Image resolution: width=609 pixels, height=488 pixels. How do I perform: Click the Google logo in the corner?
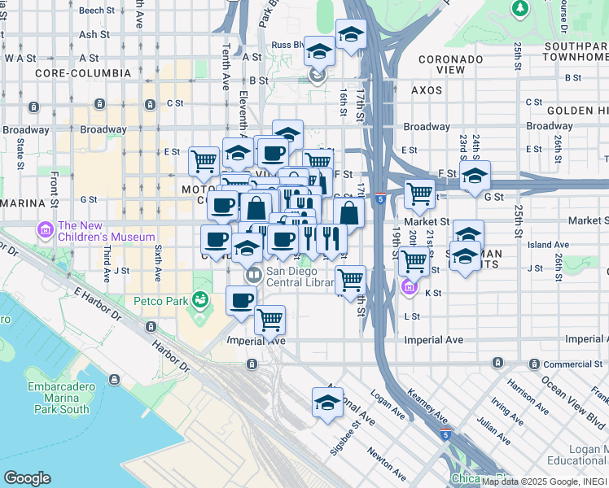click(27, 478)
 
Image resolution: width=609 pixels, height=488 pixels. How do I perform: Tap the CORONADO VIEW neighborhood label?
click(453, 65)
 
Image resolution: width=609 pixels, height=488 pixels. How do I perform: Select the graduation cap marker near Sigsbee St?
click(327, 403)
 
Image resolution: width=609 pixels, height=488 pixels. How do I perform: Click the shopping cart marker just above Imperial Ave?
click(269, 319)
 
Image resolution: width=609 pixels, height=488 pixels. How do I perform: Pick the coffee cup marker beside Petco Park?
click(240, 300)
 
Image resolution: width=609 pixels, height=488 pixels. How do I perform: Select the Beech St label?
click(97, 11)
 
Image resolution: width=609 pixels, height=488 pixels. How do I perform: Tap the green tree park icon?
click(519, 7)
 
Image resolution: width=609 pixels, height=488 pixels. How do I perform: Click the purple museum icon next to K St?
click(409, 288)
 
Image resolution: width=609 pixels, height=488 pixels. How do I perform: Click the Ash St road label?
click(94, 35)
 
